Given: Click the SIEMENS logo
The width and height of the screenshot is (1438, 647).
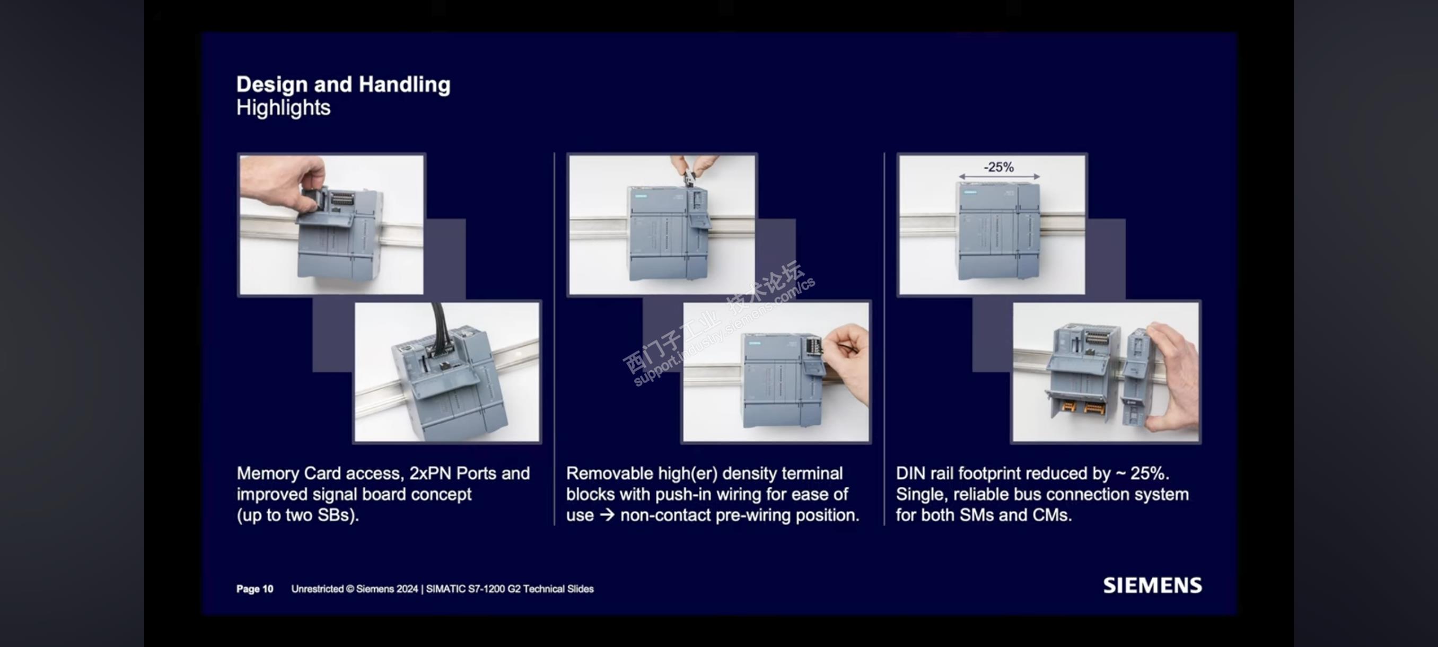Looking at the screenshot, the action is click(x=1152, y=585).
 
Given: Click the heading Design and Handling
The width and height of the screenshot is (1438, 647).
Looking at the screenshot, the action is click(x=343, y=84).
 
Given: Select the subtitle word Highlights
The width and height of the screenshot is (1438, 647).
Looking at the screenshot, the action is click(x=284, y=107).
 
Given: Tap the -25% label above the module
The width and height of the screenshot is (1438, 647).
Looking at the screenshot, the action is click(x=998, y=167).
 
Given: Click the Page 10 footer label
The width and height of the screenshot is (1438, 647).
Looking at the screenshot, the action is click(x=255, y=589).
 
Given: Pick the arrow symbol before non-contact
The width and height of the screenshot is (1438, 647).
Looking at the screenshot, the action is click(x=607, y=515).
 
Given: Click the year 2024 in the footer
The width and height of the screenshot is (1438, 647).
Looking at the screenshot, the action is click(x=407, y=589).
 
